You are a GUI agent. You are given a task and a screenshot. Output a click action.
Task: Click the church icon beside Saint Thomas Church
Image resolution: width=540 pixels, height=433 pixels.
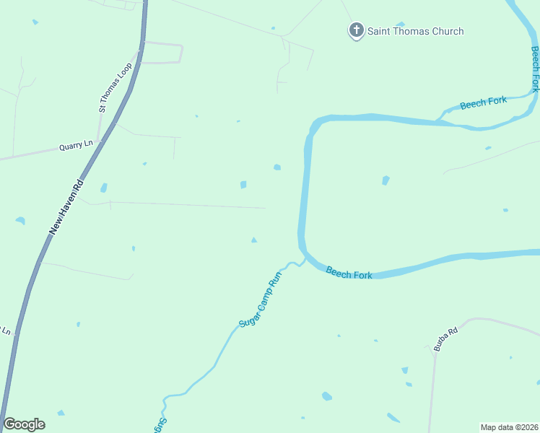[356, 31]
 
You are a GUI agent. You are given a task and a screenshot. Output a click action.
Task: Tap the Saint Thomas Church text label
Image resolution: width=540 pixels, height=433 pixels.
[415, 31]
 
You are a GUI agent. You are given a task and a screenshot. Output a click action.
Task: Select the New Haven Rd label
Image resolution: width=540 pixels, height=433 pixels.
[66, 206]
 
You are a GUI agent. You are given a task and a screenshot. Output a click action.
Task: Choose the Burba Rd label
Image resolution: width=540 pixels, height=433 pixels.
[446, 340]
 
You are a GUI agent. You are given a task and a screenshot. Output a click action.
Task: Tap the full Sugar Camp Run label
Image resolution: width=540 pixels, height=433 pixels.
[259, 299]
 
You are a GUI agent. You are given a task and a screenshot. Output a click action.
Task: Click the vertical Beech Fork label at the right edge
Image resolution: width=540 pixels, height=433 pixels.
[535, 69]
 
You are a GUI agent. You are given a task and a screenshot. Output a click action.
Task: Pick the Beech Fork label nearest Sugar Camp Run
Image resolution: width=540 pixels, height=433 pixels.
[349, 272]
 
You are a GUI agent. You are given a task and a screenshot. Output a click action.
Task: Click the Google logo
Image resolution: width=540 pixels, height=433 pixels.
[24, 424]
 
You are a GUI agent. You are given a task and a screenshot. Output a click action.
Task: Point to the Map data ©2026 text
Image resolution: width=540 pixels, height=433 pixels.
[508, 427]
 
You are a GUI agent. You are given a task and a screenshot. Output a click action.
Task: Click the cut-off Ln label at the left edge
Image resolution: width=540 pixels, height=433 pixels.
[5, 331]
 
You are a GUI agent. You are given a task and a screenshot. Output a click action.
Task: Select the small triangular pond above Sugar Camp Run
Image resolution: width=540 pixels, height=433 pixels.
[253, 240]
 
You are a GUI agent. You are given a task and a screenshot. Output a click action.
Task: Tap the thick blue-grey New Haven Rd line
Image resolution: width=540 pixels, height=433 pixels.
[29, 289]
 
